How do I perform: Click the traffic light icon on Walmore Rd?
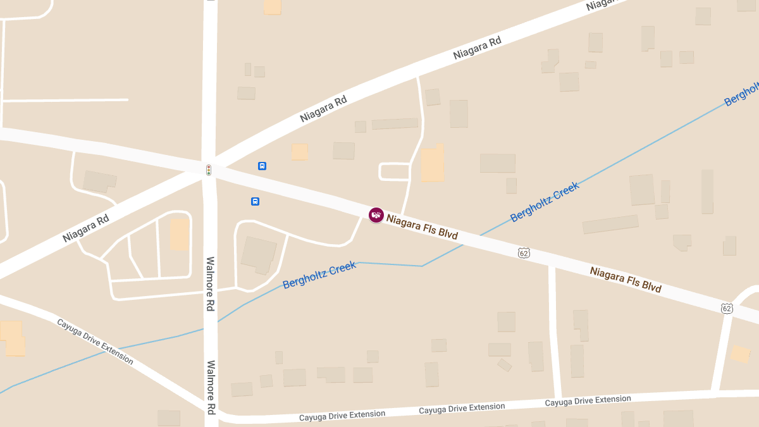tap(208, 170)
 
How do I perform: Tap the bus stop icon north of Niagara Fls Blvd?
tap(262, 166)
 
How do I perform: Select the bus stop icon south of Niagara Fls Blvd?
tap(255, 202)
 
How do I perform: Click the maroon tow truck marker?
tap(376, 215)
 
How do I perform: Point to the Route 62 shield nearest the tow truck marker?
tap(524, 253)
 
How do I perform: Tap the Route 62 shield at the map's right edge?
tap(727, 309)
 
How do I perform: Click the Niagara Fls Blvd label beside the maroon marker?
tap(422, 228)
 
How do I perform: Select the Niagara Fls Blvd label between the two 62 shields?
tap(626, 280)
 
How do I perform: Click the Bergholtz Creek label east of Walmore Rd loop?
tap(319, 275)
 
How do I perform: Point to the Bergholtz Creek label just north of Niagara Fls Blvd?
tap(545, 202)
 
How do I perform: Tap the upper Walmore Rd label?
tap(211, 283)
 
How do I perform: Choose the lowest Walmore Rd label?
tap(211, 387)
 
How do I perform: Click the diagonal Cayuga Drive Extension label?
tap(95, 342)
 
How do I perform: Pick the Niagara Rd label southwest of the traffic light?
tap(86, 228)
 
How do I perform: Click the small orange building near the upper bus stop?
tap(299, 152)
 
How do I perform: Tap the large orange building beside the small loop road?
tap(433, 164)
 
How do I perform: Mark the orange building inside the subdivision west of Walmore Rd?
tap(180, 234)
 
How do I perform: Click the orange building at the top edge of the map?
tap(273, 6)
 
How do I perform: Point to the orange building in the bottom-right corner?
tap(740, 354)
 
